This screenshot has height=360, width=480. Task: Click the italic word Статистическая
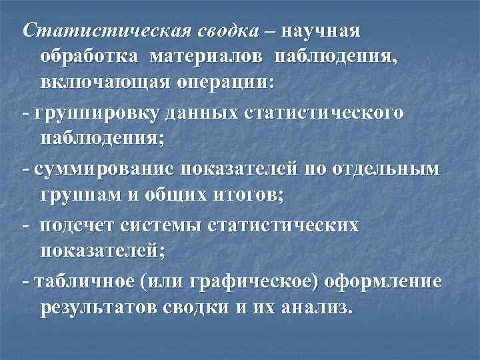(x=106, y=31)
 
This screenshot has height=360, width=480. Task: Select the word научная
(x=321, y=31)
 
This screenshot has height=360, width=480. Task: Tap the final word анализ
(x=313, y=309)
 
